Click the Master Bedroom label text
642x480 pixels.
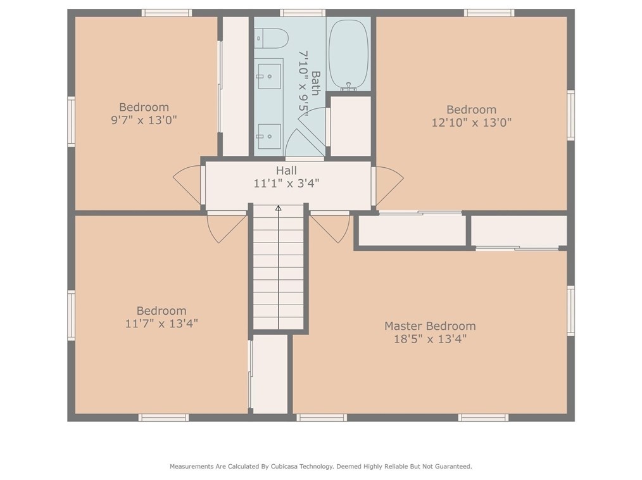[430, 326]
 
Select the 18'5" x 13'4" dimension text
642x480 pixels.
[430, 339]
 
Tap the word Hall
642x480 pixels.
[286, 170]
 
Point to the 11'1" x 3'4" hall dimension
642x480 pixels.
[286, 184]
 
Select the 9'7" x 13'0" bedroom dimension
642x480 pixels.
[144, 120]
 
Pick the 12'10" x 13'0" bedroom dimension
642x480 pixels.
[471, 122]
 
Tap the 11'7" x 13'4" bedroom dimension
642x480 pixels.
[161, 324]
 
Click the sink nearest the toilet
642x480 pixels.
[268, 76]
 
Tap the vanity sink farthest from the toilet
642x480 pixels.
[268, 134]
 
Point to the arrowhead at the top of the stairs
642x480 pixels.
[278, 208]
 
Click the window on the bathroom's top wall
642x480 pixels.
[303, 13]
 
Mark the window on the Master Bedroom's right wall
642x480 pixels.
[570, 310]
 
